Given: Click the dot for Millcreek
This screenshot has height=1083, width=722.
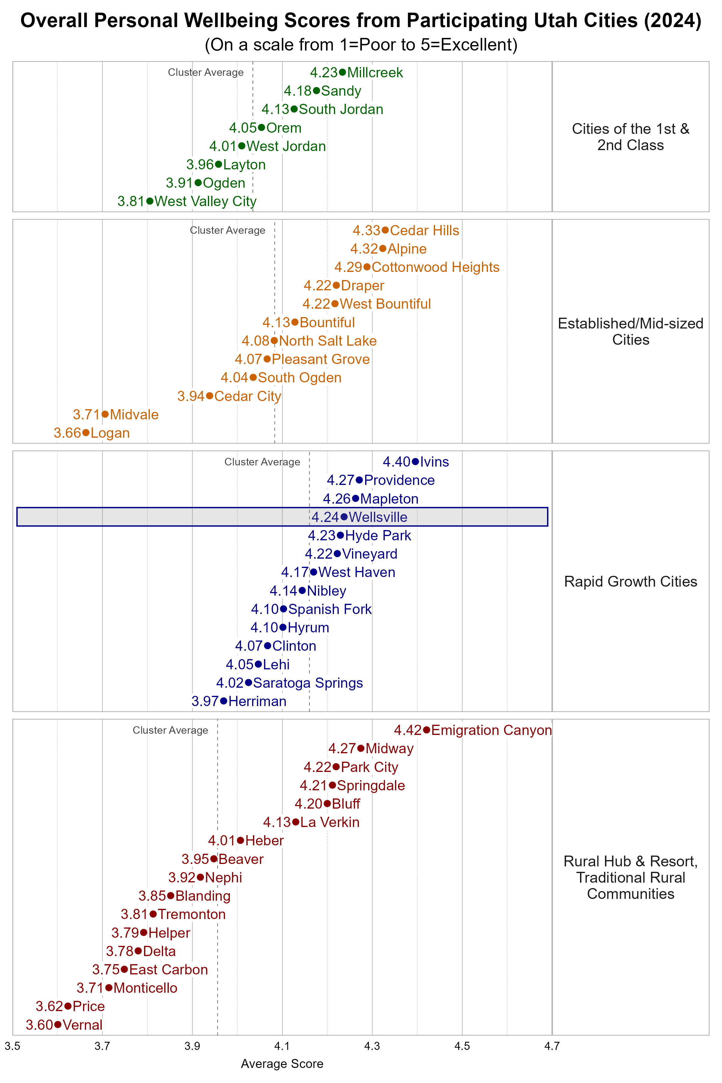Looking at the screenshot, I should pos(342,72).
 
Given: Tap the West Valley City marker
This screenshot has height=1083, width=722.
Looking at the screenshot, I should pos(150,201).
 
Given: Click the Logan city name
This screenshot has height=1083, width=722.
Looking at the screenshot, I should pos(110,433).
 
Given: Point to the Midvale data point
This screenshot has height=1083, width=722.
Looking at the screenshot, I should pos(105,415).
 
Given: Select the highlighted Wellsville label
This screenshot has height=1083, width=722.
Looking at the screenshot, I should pos(378,517).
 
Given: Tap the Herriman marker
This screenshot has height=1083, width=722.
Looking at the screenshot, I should pos(224,701).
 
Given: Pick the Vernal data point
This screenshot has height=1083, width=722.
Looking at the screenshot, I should pos(57,1025).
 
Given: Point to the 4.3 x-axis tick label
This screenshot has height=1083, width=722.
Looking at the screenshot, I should pos(372,1046).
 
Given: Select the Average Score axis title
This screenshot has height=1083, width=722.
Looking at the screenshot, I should pos(282,1064).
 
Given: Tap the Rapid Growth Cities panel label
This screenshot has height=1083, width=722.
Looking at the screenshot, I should pos(630,582).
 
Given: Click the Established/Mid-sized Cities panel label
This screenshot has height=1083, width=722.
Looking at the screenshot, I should pos(630,332).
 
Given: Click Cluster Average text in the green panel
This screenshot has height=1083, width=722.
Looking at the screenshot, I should pos(205,72).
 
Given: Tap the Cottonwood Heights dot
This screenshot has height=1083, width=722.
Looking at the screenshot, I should pos(367,267).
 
